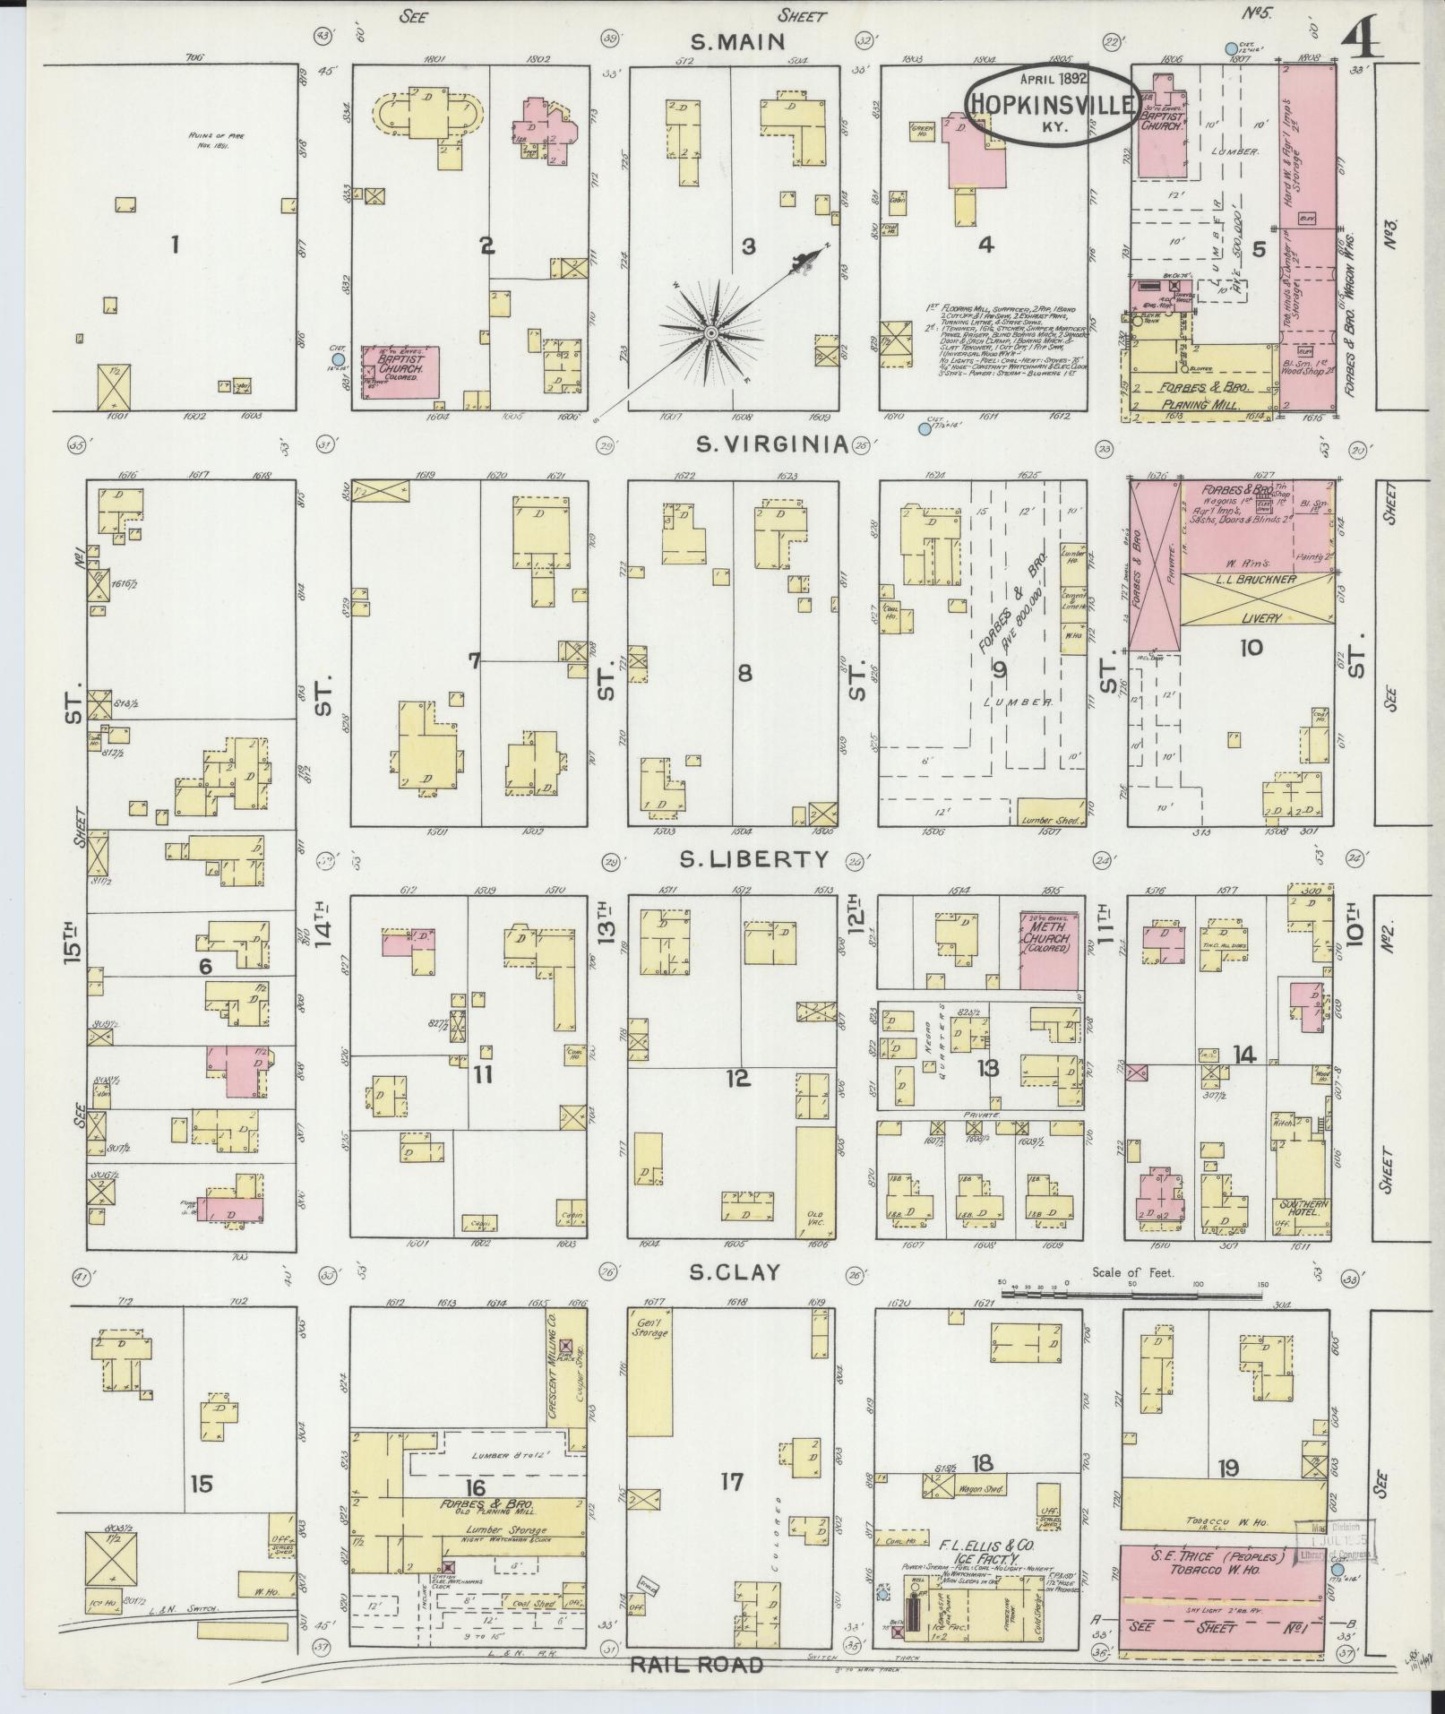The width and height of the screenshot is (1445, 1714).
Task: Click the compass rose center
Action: [x=710, y=333]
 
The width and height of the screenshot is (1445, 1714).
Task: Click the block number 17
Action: [x=731, y=1482]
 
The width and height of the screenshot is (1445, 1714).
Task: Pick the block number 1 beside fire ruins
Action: [x=175, y=244]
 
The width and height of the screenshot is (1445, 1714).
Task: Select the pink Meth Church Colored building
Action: [x=1050, y=950]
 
